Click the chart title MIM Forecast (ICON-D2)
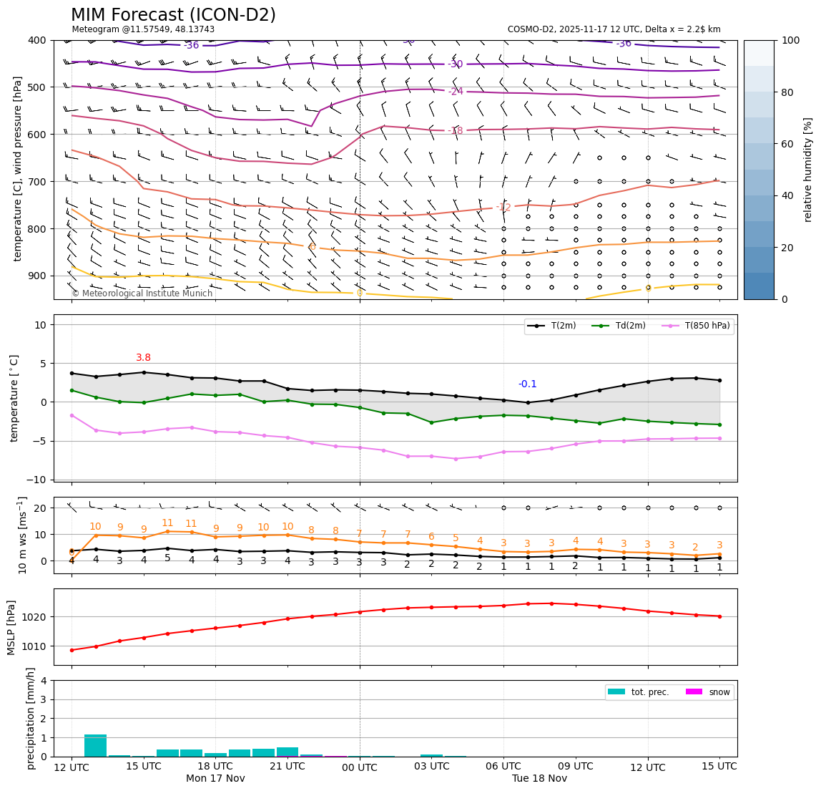click(x=173, y=15)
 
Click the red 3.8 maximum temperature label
click(x=144, y=357)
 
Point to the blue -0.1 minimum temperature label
click(x=528, y=384)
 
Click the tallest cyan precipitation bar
click(x=95, y=745)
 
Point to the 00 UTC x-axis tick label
click(x=360, y=767)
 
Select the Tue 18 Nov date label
click(x=539, y=778)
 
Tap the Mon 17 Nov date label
click(x=215, y=778)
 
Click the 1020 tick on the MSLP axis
click(x=36, y=616)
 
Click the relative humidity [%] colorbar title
click(x=807, y=170)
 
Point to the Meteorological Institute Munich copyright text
click(x=142, y=293)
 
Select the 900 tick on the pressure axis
click(x=36, y=276)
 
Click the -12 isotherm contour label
click(x=503, y=208)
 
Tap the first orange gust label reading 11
click(x=167, y=523)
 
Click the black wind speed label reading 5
click(x=167, y=558)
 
